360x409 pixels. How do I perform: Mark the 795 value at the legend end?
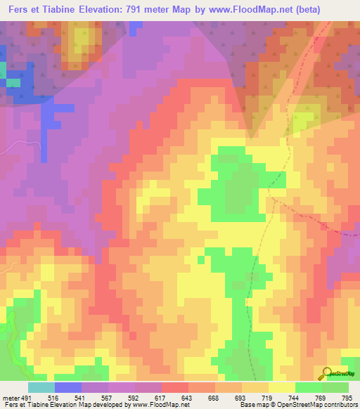348,397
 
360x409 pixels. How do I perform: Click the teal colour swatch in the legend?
41,387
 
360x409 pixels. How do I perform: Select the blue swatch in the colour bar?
67,387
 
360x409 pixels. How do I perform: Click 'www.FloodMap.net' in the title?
257,8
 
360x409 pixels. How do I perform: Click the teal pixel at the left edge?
2,72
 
